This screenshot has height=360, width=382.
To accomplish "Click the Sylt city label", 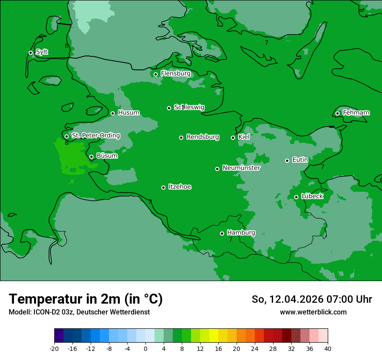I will (42, 52).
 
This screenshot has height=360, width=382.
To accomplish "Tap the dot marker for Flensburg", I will (155, 74).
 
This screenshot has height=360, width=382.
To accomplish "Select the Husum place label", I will (128, 113).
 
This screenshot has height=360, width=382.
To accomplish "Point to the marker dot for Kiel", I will (233, 137).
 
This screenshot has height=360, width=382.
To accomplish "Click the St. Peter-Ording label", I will (95, 136).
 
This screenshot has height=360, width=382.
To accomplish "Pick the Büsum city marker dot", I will (91, 157).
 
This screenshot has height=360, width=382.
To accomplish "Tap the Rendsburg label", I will (203, 137).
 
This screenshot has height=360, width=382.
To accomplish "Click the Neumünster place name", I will (241, 168).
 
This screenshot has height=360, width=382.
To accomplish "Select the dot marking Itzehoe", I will (163, 187).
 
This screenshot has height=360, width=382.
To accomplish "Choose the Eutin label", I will (300, 160).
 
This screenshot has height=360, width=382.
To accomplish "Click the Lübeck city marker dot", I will (296, 197).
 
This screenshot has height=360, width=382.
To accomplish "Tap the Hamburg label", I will (241, 233).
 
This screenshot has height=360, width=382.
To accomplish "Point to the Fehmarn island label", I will (356, 113).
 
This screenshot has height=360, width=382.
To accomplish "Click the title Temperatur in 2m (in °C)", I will (86, 299).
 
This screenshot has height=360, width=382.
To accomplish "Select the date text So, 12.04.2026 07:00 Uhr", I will (312, 299).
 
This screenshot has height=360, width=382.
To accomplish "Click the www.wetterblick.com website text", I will (313, 312).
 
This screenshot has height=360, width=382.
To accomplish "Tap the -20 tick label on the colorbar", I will (54, 348).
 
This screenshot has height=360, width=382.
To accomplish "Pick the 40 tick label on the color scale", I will (327, 348).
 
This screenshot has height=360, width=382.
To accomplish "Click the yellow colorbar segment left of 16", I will (214, 336).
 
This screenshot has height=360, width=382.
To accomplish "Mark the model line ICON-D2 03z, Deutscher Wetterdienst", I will (79, 312).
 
